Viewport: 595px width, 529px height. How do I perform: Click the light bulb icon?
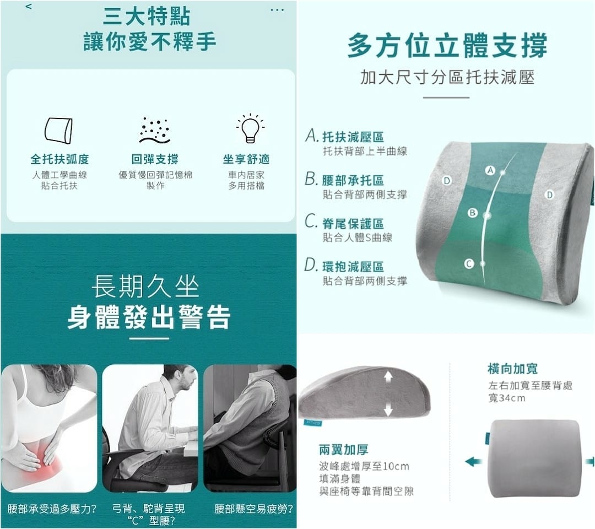click(250, 128)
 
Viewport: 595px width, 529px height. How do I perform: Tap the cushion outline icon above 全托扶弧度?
click(58, 131)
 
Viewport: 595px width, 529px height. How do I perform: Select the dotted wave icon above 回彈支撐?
click(155, 131)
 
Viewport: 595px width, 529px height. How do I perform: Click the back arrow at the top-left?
click(29, 7)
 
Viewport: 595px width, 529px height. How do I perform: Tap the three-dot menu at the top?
click(277, 10)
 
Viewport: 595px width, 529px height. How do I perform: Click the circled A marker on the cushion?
click(491, 170)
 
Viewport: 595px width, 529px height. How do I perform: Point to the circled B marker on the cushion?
click(473, 213)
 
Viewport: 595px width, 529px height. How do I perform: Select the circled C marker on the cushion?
click(469, 264)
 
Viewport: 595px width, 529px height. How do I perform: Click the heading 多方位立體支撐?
click(447, 46)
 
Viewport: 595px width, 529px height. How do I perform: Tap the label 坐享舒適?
click(246, 159)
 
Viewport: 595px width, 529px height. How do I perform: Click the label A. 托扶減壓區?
click(344, 136)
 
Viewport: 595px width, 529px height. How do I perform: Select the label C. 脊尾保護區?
click(344, 223)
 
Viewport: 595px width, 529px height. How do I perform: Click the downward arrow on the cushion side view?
click(388, 409)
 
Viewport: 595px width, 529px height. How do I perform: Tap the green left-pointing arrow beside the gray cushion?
click(474, 462)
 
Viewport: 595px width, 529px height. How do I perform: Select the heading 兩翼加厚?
click(343, 450)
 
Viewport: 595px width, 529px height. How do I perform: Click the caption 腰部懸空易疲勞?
click(254, 509)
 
